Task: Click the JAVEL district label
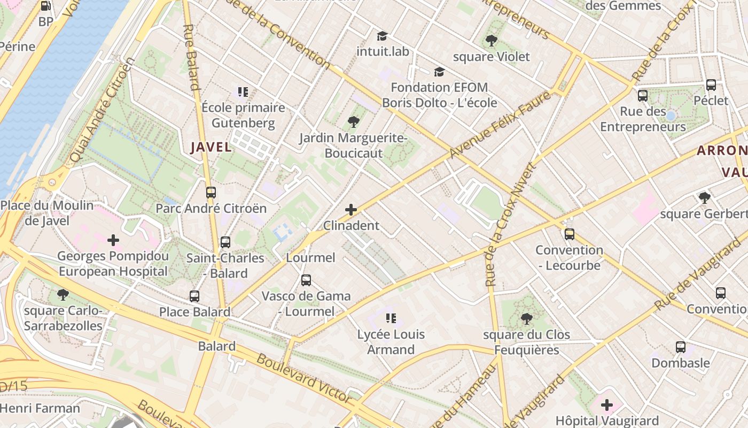click(x=211, y=147)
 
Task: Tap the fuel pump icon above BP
click(x=46, y=6)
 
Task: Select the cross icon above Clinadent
click(x=351, y=210)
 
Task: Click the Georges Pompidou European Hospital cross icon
click(x=113, y=240)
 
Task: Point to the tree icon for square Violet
click(x=491, y=41)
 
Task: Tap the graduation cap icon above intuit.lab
click(x=382, y=36)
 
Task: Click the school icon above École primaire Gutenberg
click(x=243, y=92)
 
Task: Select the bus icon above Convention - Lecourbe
click(x=569, y=234)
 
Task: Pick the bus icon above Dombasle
click(x=681, y=347)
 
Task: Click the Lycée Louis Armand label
click(x=391, y=342)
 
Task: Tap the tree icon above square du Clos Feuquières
click(x=526, y=319)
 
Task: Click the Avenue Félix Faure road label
click(x=501, y=125)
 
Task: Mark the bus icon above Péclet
click(x=711, y=85)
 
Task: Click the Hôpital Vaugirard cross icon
click(x=607, y=405)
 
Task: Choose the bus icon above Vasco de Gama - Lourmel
click(x=306, y=280)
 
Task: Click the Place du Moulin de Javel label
click(x=47, y=213)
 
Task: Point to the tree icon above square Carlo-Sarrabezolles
click(x=63, y=295)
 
